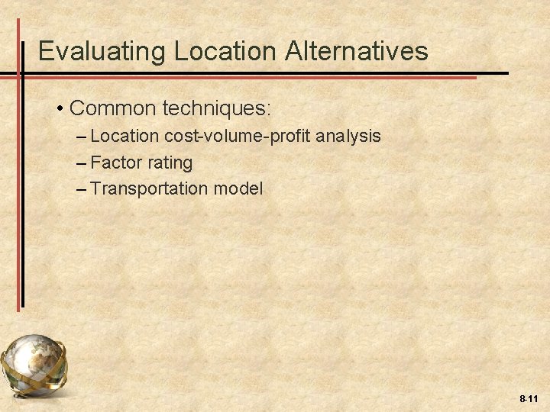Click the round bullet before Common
(60, 109)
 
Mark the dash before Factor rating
(82, 163)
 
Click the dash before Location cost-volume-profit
(82, 137)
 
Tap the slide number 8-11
(529, 399)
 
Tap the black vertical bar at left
(22, 191)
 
